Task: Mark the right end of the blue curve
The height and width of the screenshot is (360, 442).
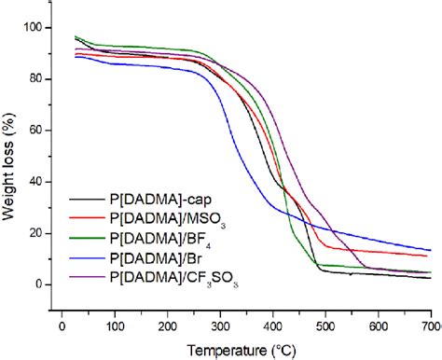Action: pos(431,250)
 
